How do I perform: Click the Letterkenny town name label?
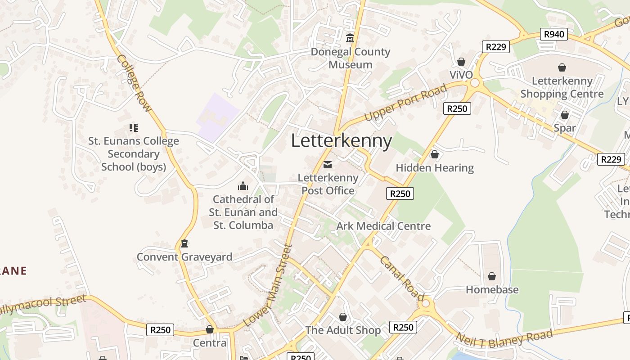click(342, 141)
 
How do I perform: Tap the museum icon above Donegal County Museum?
click(350, 38)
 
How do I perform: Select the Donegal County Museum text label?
click(351, 58)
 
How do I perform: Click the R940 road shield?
click(553, 34)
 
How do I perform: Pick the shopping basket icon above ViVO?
click(461, 61)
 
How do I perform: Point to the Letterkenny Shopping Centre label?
click(562, 87)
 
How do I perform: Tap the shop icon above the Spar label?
click(565, 115)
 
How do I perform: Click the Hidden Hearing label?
click(435, 168)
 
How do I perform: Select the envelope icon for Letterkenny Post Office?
click(328, 165)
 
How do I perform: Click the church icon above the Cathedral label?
click(243, 185)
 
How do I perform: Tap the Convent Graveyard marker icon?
click(184, 243)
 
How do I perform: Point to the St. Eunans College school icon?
click(134, 128)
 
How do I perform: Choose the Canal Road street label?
click(401, 278)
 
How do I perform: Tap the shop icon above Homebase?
click(492, 276)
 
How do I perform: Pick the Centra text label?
click(210, 343)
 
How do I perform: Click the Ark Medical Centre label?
click(383, 226)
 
